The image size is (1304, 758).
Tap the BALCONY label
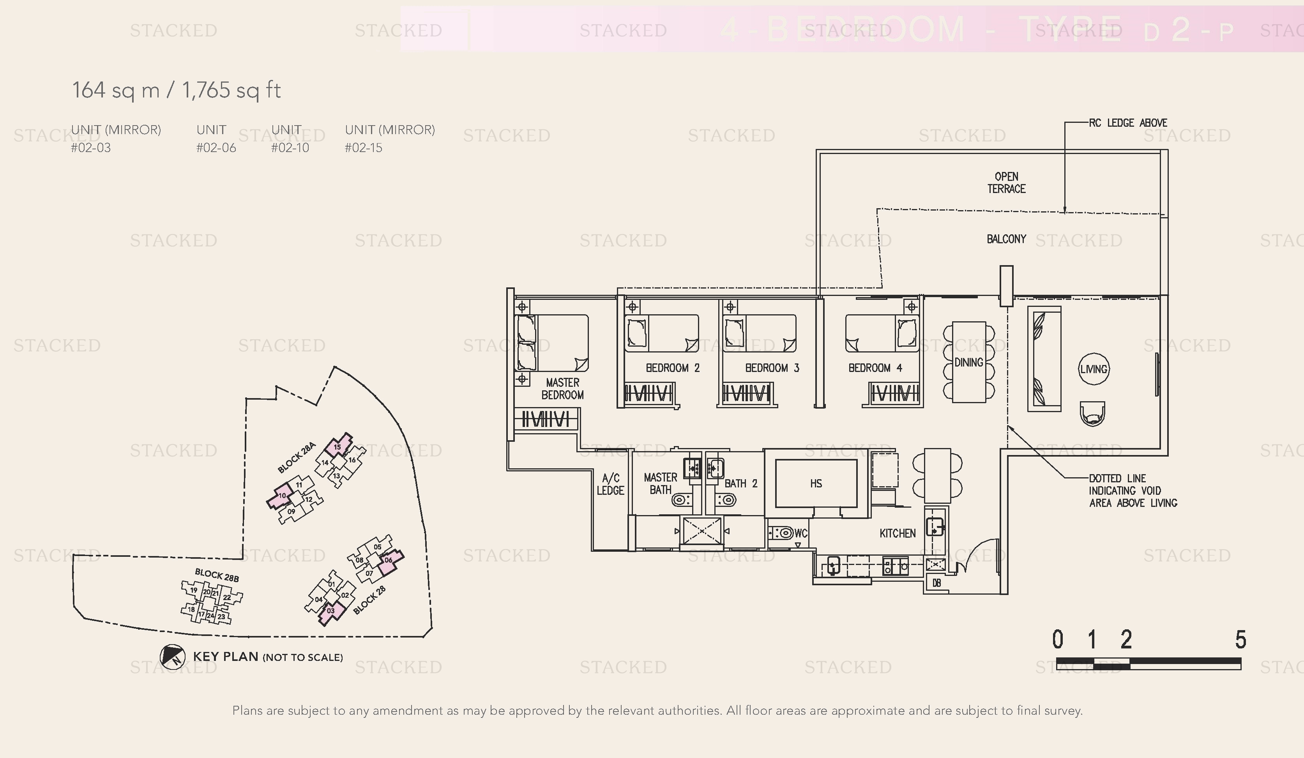coord(1006,239)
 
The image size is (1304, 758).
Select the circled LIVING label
coord(1094,369)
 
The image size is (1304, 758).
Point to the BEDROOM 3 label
coord(772,368)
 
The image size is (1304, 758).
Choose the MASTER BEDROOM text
coord(562,389)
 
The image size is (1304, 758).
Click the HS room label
coord(816,483)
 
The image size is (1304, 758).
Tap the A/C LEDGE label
coord(611,484)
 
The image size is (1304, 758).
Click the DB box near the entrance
coord(936,583)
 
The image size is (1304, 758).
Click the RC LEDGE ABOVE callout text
coord(1128,123)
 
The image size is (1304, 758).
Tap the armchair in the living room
coord(1093,414)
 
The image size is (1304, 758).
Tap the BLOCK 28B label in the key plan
coord(217,575)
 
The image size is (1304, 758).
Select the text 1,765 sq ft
coord(231,90)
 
